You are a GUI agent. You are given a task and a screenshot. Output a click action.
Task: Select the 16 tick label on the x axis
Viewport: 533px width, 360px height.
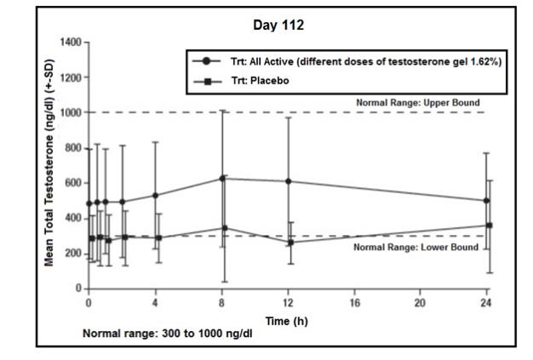[353, 303]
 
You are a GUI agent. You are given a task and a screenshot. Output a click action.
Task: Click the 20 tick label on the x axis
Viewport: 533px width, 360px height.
[420, 303]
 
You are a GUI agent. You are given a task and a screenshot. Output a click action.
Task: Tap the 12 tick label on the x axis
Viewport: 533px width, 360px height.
[288, 303]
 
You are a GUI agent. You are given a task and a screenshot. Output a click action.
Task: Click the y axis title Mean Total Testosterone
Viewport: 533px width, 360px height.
[51, 166]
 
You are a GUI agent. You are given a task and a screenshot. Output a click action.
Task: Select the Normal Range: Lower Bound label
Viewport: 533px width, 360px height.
[412, 247]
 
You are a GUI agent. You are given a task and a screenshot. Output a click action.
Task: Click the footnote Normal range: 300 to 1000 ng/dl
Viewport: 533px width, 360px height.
[167, 332]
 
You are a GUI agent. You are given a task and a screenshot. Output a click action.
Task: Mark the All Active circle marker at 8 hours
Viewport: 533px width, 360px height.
[223, 179]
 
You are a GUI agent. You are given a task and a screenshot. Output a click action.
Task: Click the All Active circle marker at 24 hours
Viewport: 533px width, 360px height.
[486, 201]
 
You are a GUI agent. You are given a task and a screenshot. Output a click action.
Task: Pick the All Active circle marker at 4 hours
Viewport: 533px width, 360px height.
[155, 196]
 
